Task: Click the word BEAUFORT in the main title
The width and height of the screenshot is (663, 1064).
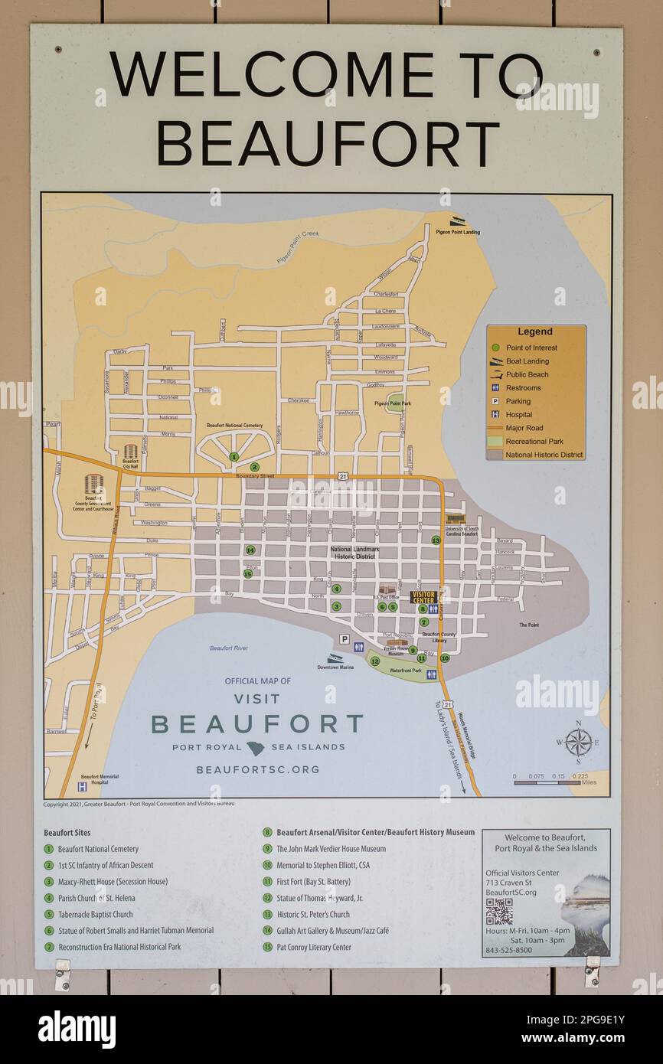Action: (328, 144)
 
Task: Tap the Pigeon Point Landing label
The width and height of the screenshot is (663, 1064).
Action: (458, 232)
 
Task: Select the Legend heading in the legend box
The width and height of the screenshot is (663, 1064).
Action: (534, 332)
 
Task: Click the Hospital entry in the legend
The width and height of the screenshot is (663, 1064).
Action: (518, 415)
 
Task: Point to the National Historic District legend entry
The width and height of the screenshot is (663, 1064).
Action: (544, 455)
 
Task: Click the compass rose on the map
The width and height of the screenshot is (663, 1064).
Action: (578, 742)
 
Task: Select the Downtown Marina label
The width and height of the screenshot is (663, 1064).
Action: (335, 667)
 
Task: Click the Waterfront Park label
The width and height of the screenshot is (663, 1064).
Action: (406, 671)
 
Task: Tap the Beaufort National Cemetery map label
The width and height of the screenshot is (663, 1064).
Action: (234, 426)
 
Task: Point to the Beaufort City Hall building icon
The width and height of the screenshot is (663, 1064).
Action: (130, 452)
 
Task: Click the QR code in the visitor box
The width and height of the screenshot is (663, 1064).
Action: (499, 911)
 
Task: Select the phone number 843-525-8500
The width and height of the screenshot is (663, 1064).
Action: (508, 951)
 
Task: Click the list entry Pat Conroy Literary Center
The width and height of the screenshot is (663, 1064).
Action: (313, 948)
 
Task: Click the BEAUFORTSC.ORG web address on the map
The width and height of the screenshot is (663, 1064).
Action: (257, 770)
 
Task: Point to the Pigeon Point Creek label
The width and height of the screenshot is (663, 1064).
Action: (298, 246)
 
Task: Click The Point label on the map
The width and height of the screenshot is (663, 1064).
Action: (529, 625)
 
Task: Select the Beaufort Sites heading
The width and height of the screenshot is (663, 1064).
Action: (67, 833)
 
